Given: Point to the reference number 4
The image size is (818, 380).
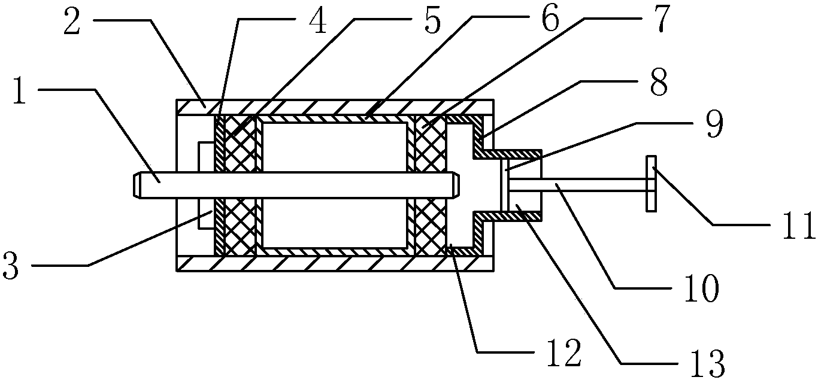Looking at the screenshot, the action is tap(317, 20).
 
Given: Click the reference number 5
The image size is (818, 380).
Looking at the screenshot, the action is tap(432, 20).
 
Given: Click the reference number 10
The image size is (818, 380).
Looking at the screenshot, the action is tap(701, 288).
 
